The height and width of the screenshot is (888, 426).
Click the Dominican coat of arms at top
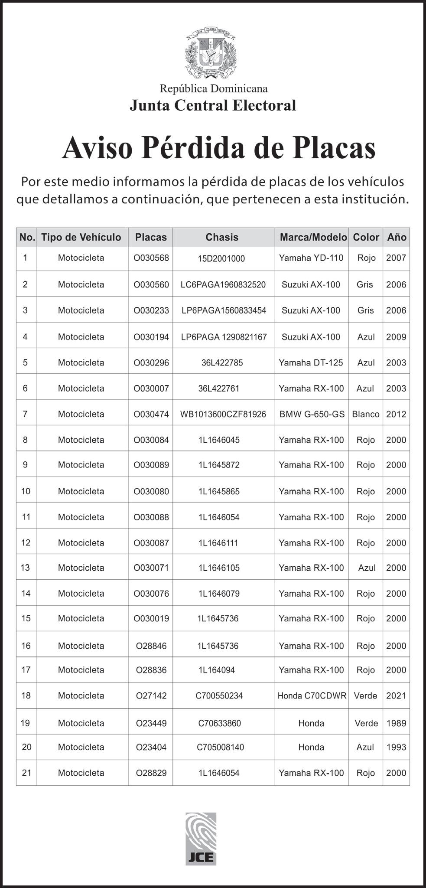pos(211,52)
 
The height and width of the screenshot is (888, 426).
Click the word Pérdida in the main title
pos(194,148)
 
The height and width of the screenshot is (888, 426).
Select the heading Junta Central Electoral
pos(213,105)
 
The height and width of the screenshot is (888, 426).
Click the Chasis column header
pos(222,237)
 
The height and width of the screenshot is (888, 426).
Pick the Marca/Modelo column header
pos(313,237)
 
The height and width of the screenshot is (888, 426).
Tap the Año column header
pos(397,237)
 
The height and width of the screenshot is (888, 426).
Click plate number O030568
pos(151,258)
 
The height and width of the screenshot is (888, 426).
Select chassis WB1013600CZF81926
pos(223,414)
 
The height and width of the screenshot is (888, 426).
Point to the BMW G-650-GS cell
pos(312,414)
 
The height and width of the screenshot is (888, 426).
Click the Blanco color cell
pos(366,414)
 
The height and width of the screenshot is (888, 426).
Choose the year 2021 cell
pos(396,695)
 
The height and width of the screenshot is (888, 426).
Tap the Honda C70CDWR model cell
pos(312,695)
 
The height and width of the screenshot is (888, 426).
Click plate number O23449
pos(151,723)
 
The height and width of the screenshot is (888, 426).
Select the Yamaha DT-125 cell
pos(311,362)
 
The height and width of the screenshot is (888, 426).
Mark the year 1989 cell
pos(396,723)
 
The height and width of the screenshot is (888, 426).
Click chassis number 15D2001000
pos(221,259)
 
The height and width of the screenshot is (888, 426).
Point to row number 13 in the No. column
pos(26,568)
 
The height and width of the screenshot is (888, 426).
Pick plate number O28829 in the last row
pos(151,773)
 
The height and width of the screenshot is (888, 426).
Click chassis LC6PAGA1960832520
pos(223,284)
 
